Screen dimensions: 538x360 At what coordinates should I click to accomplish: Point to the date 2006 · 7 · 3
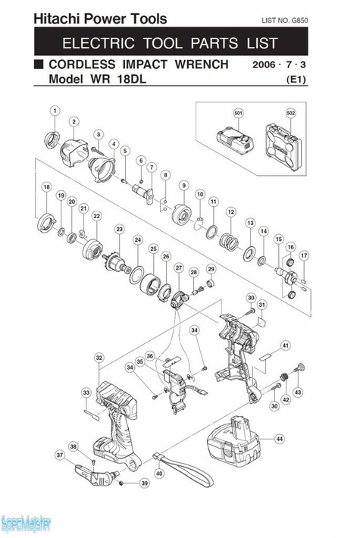click(x=280, y=66)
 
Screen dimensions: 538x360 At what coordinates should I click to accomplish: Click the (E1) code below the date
click(x=296, y=80)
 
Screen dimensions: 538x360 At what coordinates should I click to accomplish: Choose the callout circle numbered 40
click(x=158, y=474)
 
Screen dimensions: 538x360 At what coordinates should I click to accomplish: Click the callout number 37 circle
click(x=59, y=455)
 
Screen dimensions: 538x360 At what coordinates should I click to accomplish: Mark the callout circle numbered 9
click(x=183, y=185)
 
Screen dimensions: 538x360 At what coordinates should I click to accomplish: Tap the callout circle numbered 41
click(x=285, y=346)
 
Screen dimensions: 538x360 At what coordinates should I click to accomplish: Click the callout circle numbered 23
click(x=119, y=229)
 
